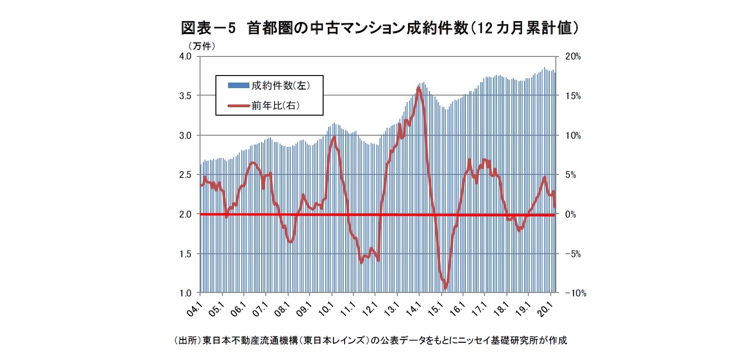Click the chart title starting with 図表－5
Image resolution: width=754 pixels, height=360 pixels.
380,28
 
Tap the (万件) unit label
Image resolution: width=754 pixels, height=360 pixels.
201,46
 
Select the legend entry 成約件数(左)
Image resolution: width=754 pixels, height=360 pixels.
281,85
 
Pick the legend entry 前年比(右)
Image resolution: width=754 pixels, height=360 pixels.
276,106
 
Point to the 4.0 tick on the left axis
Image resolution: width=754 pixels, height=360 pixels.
185,56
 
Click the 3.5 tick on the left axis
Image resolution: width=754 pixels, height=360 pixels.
185,96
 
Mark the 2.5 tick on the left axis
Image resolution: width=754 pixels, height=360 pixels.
185,175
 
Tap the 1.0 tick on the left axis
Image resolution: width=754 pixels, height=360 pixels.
185,293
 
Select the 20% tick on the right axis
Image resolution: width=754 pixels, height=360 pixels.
573,56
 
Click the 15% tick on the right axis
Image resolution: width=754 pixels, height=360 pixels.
573,96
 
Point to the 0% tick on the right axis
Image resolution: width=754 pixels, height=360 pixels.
571,215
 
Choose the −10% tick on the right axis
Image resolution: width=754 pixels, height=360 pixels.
576,293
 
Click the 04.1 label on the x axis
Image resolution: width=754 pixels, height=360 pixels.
195,309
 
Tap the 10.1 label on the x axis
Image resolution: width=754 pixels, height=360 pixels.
326,309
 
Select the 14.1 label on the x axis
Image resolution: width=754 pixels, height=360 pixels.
414,309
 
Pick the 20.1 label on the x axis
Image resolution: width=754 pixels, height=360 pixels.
545,309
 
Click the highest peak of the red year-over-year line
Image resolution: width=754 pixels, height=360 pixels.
418,88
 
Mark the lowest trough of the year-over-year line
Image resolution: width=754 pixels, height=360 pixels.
445,288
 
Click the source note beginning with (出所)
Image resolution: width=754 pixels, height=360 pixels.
370,340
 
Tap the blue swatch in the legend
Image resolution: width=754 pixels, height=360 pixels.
238,85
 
